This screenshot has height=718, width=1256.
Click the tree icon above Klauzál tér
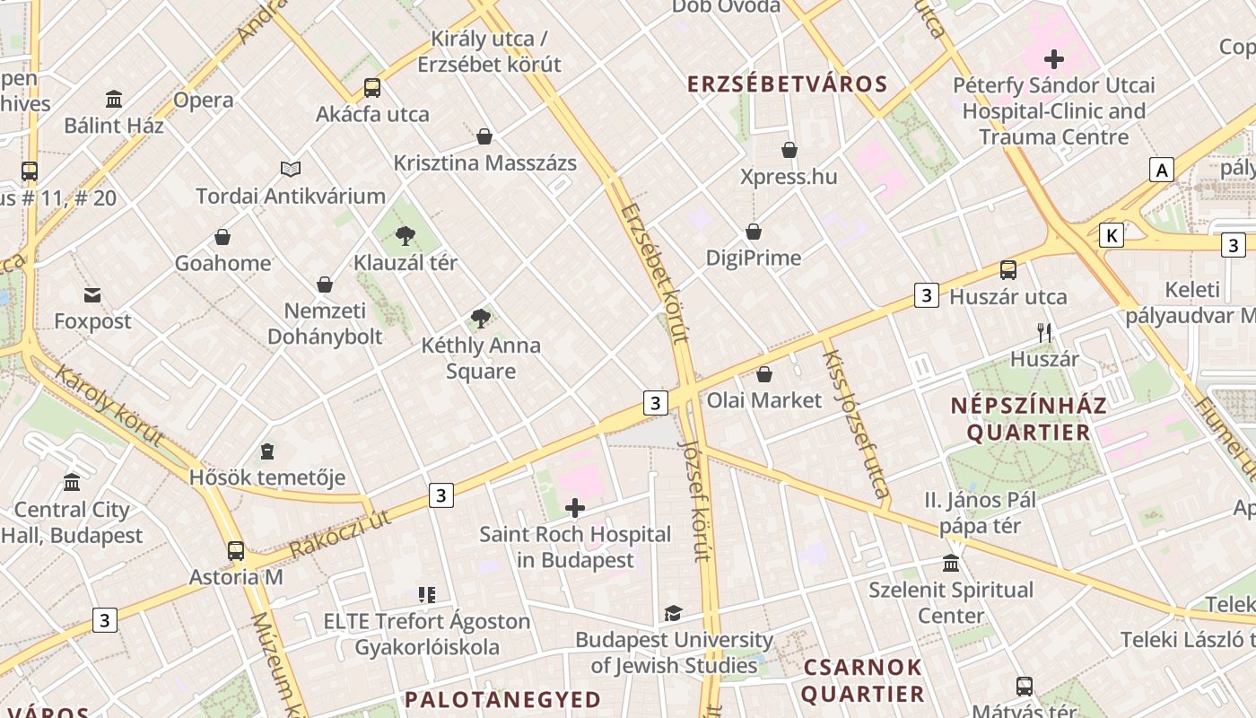pyautogui.click(x=405, y=236)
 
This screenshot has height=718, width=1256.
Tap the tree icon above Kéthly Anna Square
pyautogui.click(x=481, y=318)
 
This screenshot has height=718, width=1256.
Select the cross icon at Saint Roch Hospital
pyautogui.click(x=575, y=509)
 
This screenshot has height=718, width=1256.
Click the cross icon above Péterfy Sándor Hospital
pyautogui.click(x=1054, y=60)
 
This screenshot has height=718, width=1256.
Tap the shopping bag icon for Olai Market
pyautogui.click(x=764, y=374)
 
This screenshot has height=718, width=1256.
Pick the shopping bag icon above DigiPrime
pyautogui.click(x=754, y=232)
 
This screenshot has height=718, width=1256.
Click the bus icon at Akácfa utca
pyautogui.click(x=371, y=88)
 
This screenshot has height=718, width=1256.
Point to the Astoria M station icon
pyautogui.click(x=236, y=551)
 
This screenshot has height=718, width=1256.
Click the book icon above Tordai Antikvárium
pyautogui.click(x=291, y=169)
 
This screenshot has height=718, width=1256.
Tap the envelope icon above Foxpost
pyautogui.click(x=92, y=294)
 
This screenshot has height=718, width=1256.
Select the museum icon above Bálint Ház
pyautogui.click(x=114, y=99)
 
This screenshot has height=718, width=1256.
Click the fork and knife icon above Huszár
pyautogui.click(x=1043, y=333)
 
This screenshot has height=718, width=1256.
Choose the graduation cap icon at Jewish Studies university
pyautogui.click(x=673, y=613)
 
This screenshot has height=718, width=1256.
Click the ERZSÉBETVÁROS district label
pyautogui.click(x=787, y=84)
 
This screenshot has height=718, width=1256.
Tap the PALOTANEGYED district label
pyautogui.click(x=502, y=699)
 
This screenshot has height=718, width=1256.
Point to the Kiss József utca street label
pyautogui.click(x=855, y=424)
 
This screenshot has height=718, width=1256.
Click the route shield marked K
pyautogui.click(x=1112, y=235)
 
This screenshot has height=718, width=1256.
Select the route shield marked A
pyautogui.click(x=1163, y=170)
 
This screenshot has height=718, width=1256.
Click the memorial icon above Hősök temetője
pyautogui.click(x=267, y=451)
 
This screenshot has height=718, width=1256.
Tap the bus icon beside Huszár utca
pyautogui.click(x=1008, y=270)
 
